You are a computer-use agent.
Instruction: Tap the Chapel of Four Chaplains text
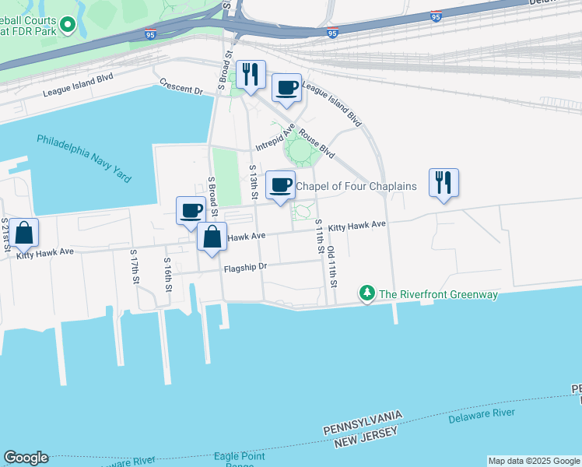coord(356,186)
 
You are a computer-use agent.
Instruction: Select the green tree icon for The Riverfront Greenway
coord(366,293)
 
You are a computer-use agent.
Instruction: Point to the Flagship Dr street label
coord(245,267)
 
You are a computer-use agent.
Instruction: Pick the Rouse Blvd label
coord(317,142)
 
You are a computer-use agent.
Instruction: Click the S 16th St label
coord(167,274)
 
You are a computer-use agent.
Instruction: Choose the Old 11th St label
coord(331,265)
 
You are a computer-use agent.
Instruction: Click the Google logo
coord(25,458)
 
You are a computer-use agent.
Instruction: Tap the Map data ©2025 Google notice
coord(534,461)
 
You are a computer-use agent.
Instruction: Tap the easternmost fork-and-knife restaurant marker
coord(444,182)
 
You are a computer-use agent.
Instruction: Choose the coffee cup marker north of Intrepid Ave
coord(286,87)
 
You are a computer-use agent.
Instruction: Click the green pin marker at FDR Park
coord(68,26)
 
